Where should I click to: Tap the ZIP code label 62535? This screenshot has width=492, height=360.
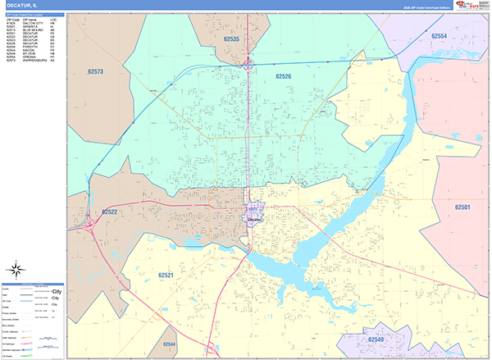coord(231,39)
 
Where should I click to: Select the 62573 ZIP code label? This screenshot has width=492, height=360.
coord(95,72)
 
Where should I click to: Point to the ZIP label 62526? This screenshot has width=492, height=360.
coord(283,76)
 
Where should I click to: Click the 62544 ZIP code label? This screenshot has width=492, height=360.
coord(170,344)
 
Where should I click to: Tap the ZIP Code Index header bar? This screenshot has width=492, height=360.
coord(33,16)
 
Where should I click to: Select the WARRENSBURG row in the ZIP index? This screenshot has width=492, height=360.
coord(34,61)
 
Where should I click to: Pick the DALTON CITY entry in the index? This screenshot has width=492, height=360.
coord(32,23)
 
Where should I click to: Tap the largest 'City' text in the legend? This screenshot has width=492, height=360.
coord(57,291)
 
